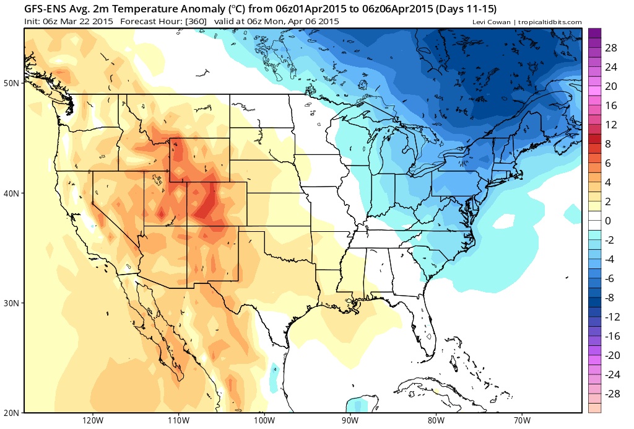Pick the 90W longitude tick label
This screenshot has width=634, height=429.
click(x=350, y=420)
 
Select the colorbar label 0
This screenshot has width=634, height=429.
click(x=609, y=221)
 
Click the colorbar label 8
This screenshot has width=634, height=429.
click(x=609, y=144)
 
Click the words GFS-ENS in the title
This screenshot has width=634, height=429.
click(x=48, y=9)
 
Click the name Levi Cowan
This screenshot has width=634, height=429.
click(x=493, y=22)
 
